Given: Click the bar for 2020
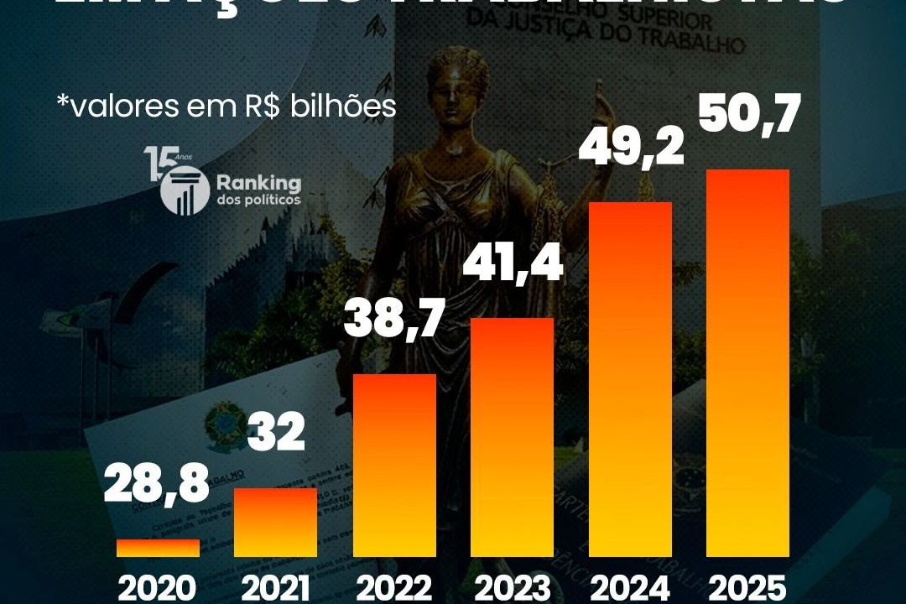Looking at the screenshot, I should tap(158, 548).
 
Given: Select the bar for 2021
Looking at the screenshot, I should tap(276, 522).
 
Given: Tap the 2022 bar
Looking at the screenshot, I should tap(394, 465).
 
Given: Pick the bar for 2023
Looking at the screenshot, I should tap(512, 437).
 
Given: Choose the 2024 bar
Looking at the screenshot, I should tap(630, 379).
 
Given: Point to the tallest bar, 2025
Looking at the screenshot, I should tap(748, 363).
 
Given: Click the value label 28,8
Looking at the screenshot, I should tap(156, 487).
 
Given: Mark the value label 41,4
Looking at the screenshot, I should tap(512, 265).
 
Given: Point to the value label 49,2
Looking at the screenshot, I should tap(631, 148).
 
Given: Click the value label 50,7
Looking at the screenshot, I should tap(749, 116).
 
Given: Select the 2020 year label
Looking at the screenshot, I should tap(158, 587).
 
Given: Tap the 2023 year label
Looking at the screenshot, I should tap(512, 587).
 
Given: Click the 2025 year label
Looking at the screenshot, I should tap(748, 587).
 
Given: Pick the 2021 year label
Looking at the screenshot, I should tap(276, 587).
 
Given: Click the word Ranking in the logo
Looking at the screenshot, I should tap(258, 183).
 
